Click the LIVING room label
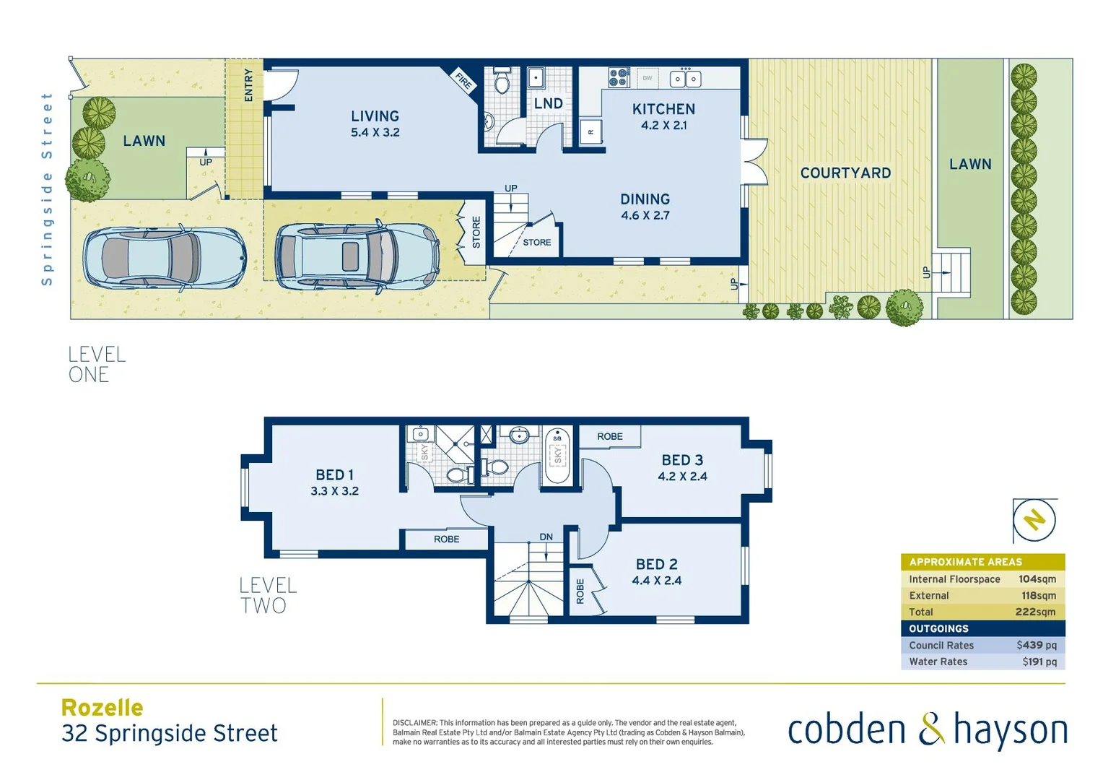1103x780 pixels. [x=375, y=116]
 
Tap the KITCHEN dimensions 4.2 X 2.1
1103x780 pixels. [x=663, y=126]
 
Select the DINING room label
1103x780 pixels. [x=645, y=199]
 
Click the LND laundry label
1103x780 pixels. [x=548, y=104]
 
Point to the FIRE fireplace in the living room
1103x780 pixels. [x=463, y=81]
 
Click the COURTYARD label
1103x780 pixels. [x=845, y=173]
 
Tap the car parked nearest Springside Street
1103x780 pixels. [x=164, y=259]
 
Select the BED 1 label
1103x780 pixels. [x=334, y=475]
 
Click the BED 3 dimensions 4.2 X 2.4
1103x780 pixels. [x=682, y=477]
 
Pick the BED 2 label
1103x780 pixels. [x=656, y=565]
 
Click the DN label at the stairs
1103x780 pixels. [x=546, y=537]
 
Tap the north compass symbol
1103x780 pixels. [x=1034, y=520]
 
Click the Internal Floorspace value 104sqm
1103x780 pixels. [x=1037, y=579]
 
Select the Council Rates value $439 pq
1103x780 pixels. [x=1036, y=645]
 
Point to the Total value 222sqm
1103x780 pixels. [x=1035, y=612]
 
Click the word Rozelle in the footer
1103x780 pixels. [x=103, y=708]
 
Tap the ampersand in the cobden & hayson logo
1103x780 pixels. [x=931, y=729]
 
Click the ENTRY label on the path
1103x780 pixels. [x=248, y=84]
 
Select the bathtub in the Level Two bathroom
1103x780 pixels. [x=557, y=456]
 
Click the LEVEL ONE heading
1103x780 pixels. [x=97, y=365]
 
